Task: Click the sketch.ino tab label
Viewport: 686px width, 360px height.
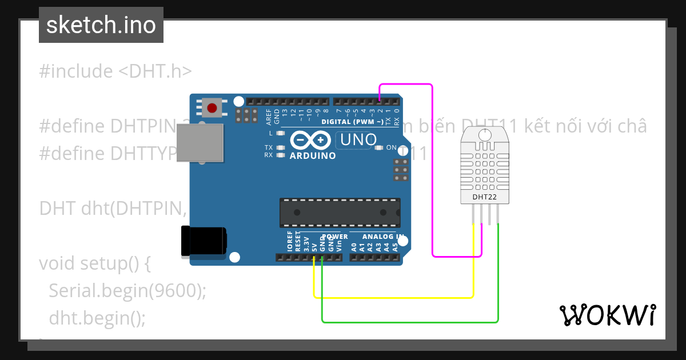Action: coord(101,25)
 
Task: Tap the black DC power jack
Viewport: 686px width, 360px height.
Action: coord(202,241)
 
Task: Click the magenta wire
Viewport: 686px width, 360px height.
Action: coord(432,171)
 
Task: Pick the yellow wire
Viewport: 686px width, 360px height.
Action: coord(394,297)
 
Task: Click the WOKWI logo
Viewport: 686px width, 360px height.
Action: coord(607,315)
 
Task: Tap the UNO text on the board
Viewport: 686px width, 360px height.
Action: coord(358,139)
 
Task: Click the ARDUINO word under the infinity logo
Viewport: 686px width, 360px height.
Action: coord(313,155)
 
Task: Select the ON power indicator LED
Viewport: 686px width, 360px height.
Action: coord(378,147)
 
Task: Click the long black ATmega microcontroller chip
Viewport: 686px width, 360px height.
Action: coord(340,213)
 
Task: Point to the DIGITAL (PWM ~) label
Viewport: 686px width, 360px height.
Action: coord(352,122)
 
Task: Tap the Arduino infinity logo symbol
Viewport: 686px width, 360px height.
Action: coord(310,140)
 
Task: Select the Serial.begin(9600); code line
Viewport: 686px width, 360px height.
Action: coord(127,291)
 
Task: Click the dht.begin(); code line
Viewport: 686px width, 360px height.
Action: coord(97,317)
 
